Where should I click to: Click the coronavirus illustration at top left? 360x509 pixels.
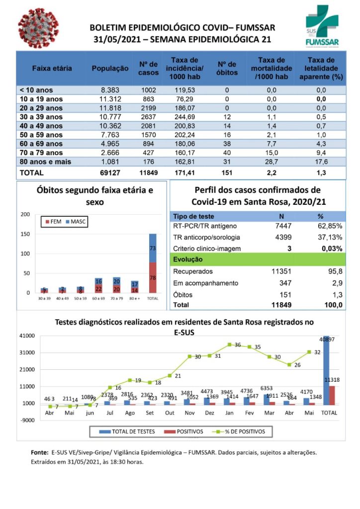tap(38, 28)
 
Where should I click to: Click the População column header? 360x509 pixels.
tap(110, 69)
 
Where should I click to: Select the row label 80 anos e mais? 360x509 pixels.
tap(45, 162)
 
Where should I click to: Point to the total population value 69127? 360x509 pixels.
tap(110, 173)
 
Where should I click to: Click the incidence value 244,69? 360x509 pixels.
tap(184, 117)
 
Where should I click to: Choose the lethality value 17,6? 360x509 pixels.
tap(321, 162)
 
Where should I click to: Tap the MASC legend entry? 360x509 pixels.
tap(76, 222)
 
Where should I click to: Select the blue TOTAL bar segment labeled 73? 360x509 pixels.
tap(153, 248)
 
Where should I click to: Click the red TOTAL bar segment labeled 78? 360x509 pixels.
tap(153, 277)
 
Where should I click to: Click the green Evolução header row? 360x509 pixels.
tap(258, 259)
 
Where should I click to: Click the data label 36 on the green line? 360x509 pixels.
tap(238, 345)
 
